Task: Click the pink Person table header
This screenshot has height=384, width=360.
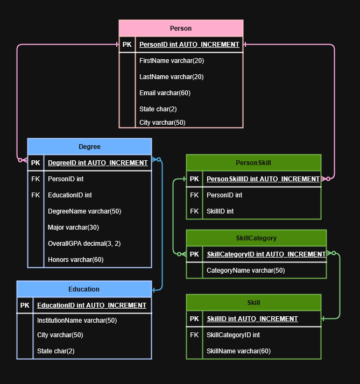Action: click(x=181, y=28)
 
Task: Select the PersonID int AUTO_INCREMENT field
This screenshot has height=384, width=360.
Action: click(x=189, y=45)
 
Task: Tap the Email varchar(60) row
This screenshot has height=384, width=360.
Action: click(x=165, y=93)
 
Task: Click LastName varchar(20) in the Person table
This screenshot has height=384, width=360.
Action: click(x=171, y=77)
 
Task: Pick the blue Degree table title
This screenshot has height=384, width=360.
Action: click(x=89, y=146)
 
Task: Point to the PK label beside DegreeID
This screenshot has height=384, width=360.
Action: click(x=36, y=162)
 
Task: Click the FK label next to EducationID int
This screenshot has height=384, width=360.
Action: click(x=36, y=195)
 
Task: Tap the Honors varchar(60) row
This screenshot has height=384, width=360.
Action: click(x=75, y=259)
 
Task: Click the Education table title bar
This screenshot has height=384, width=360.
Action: click(x=84, y=289)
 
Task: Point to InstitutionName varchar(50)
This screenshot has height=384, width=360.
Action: click(x=76, y=321)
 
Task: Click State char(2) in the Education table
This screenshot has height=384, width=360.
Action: click(x=55, y=351)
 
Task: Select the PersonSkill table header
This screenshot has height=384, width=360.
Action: click(x=253, y=162)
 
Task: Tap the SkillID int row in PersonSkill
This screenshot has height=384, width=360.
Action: click(x=220, y=211)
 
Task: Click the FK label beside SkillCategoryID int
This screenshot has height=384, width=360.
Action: click(x=194, y=335)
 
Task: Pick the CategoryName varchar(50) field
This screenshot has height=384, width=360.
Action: click(x=245, y=270)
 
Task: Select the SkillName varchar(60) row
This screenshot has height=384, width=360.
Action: click(x=238, y=351)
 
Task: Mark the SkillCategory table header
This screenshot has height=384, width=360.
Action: click(x=256, y=238)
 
